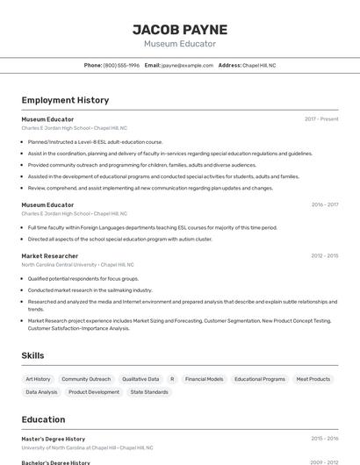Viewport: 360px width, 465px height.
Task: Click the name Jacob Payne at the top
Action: click(179, 30)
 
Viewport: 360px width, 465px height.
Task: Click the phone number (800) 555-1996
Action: click(121, 65)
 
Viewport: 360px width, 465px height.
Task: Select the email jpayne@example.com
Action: click(188, 65)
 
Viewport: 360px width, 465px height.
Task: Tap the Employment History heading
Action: click(65, 100)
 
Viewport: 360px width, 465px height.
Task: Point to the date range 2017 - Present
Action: click(321, 118)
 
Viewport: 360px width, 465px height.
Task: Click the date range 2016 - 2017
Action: click(324, 204)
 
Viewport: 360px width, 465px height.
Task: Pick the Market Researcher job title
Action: click(50, 255)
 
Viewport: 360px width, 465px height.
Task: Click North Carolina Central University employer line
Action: click(77, 264)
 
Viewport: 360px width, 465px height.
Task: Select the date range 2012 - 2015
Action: click(324, 255)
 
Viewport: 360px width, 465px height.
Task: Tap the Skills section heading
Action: click(33, 355)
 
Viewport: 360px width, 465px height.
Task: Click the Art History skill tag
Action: click(38, 379)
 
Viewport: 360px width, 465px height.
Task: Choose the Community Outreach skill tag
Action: click(86, 379)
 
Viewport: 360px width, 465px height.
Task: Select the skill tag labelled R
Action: click(172, 379)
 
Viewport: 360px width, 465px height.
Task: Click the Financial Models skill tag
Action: click(204, 379)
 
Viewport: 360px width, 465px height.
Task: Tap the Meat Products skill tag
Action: click(313, 379)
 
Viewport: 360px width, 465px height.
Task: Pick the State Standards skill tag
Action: click(149, 392)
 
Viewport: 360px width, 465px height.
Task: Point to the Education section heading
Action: click(43, 419)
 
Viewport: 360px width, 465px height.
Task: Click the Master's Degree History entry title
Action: click(54, 438)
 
